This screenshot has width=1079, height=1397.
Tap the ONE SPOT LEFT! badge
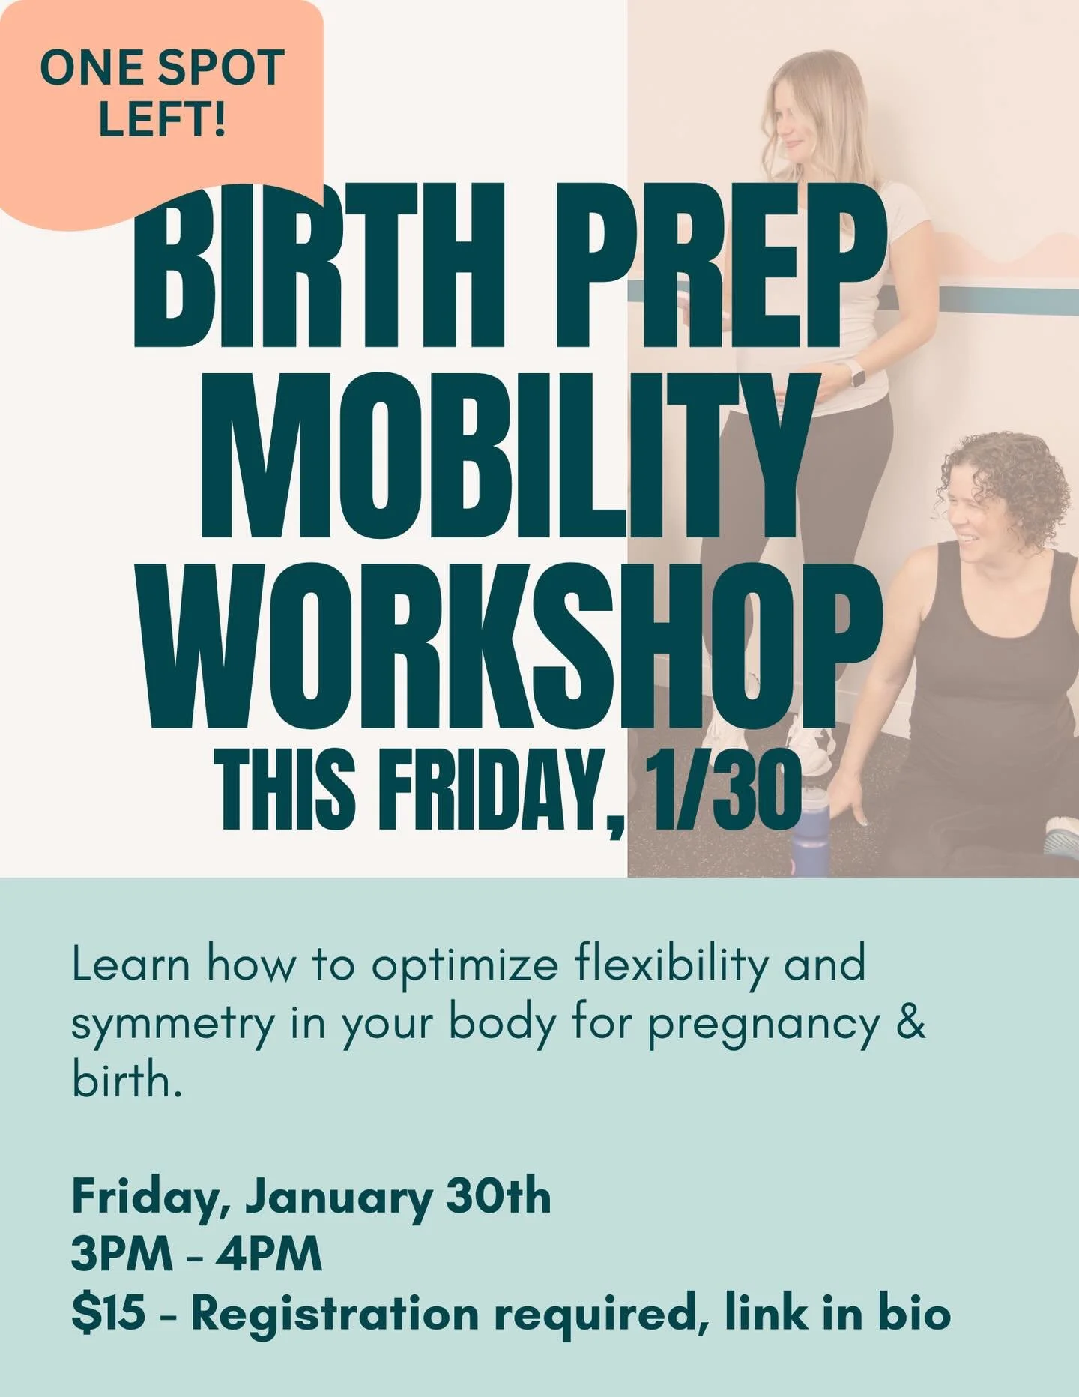pos(161,94)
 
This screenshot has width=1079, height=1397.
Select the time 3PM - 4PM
pos(196,1255)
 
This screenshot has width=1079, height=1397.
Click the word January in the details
pos(339,1198)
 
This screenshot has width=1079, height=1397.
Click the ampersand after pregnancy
pos(910,1023)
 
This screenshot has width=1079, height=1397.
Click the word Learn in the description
pos(130,965)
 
